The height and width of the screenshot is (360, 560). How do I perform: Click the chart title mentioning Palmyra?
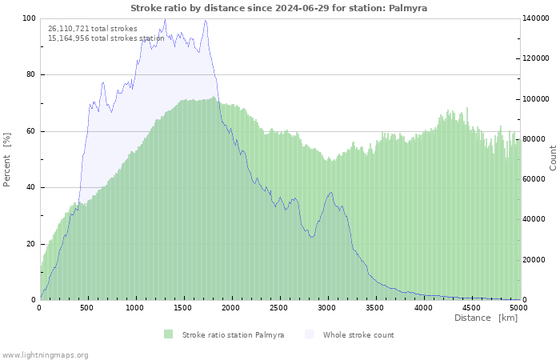[x=279, y=7]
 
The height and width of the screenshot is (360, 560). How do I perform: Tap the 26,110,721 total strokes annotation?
[x=93, y=29]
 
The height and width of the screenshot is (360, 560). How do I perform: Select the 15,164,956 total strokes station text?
[x=106, y=38]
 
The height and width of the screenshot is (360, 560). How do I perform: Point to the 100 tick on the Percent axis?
[x=29, y=18]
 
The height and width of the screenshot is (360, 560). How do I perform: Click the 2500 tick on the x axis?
[x=279, y=307]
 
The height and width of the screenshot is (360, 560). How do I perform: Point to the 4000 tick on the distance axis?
[x=422, y=307]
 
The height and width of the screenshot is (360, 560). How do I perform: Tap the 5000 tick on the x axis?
[x=518, y=307]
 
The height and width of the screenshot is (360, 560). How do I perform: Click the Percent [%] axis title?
[x=7, y=159]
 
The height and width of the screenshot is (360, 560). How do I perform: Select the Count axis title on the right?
[x=553, y=158]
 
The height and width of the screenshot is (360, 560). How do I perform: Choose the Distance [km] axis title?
[x=486, y=318]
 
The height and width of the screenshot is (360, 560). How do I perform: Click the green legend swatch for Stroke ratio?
[x=168, y=334]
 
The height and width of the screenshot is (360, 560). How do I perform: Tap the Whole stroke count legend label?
[x=358, y=334]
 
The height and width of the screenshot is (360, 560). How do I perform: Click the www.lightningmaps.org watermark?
[x=46, y=354]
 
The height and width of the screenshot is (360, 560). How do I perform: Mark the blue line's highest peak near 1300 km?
[x=165, y=19]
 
